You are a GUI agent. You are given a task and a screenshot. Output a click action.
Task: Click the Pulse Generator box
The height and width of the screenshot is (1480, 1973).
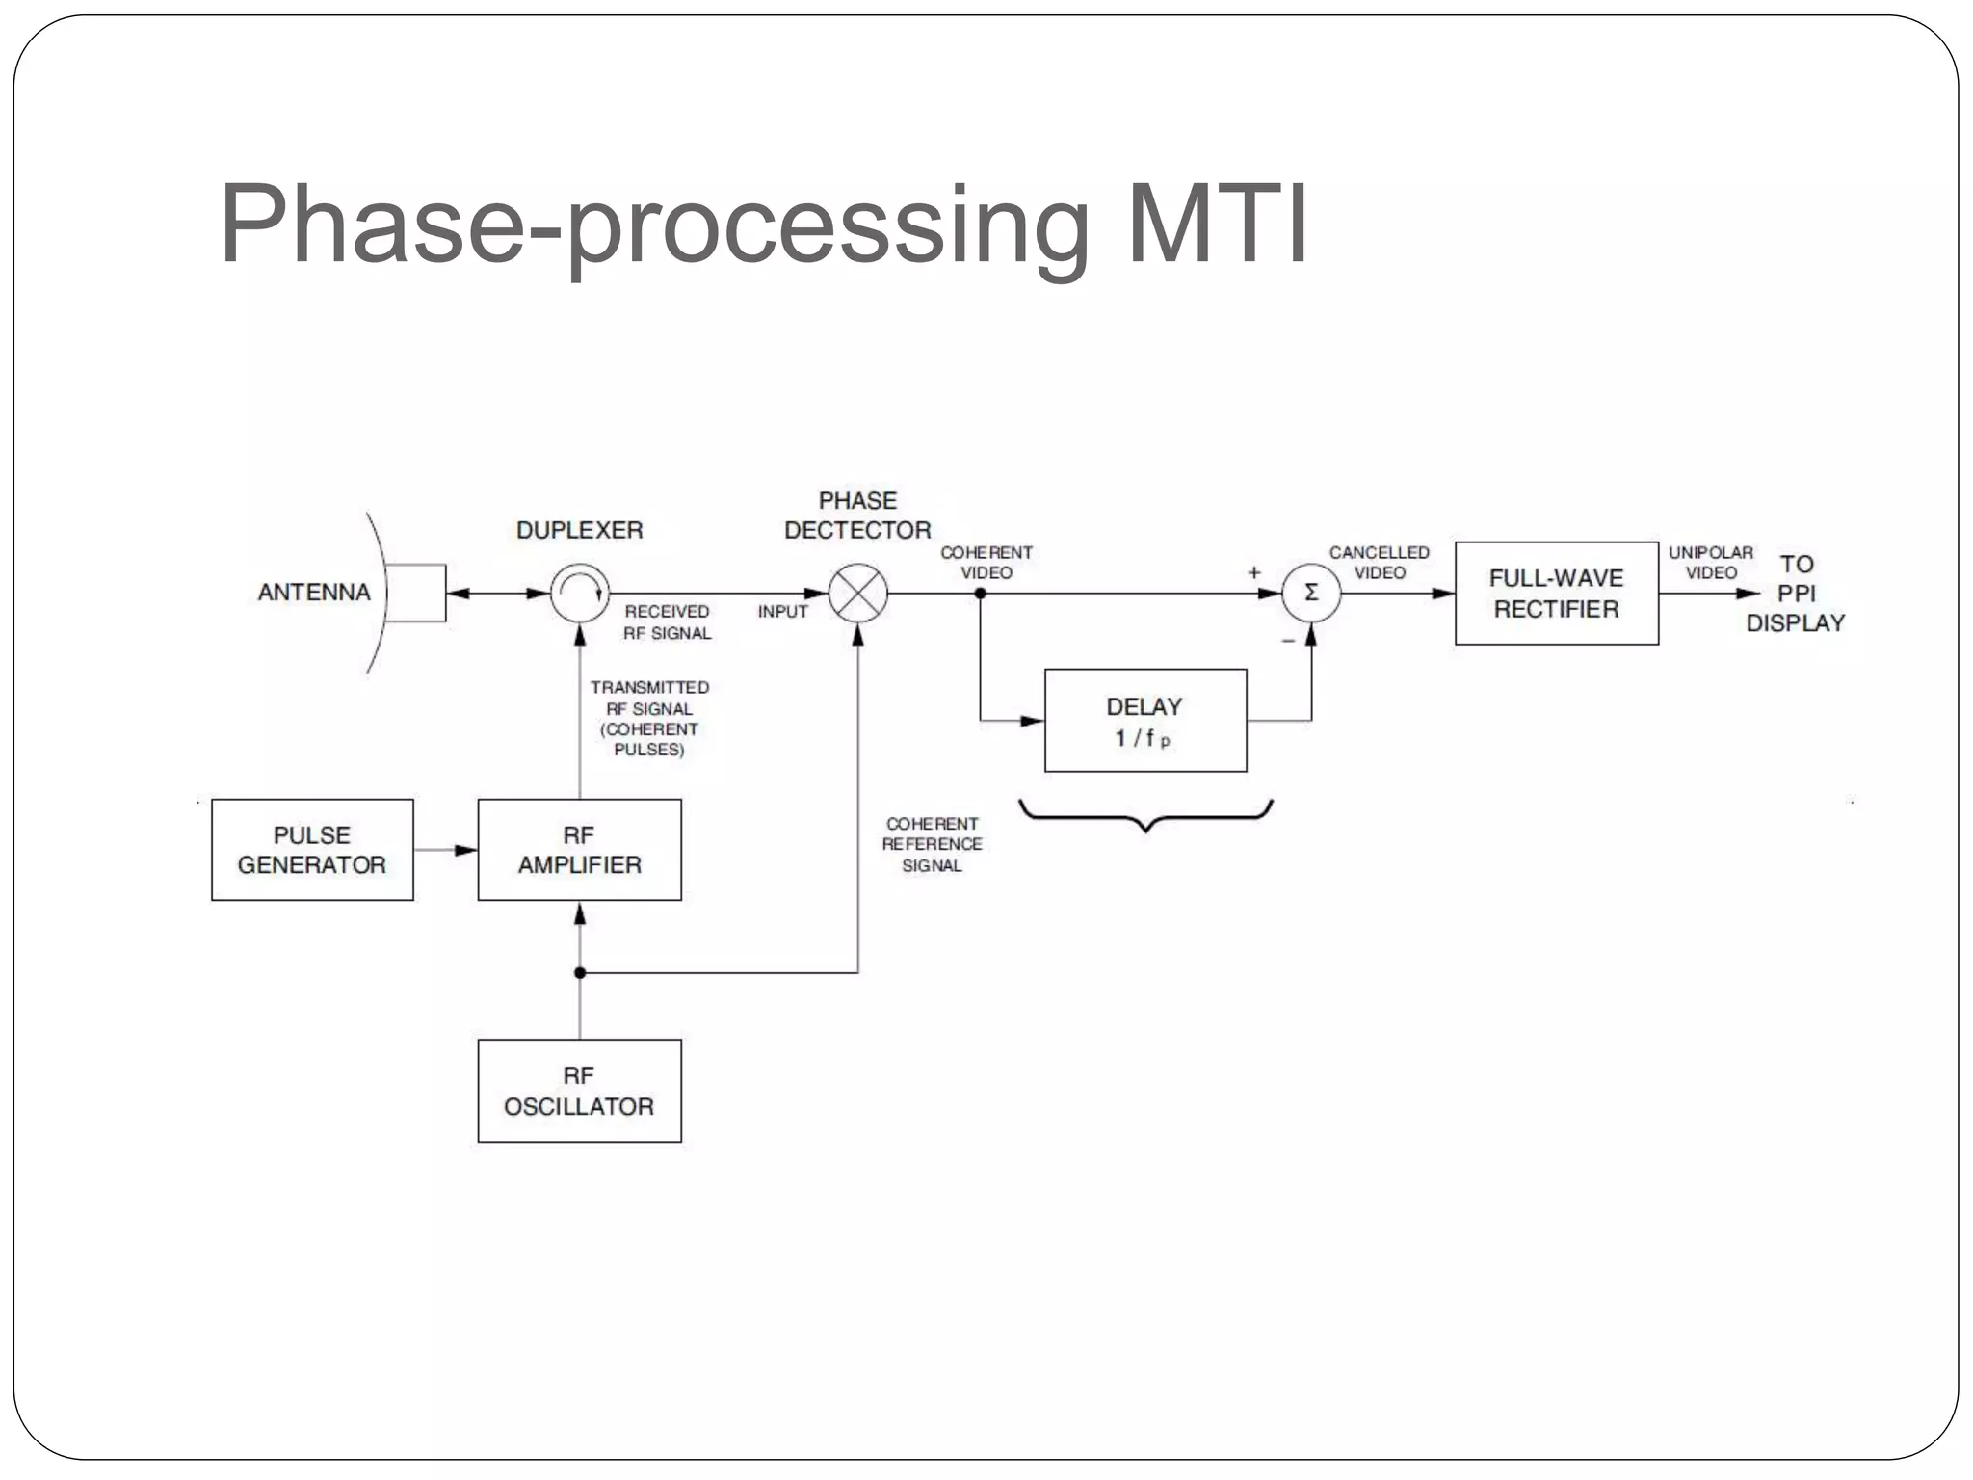click(312, 850)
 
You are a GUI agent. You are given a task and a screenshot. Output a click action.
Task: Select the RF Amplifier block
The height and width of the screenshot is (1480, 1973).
click(579, 850)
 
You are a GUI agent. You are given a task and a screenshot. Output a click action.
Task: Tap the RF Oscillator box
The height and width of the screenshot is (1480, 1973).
click(579, 1091)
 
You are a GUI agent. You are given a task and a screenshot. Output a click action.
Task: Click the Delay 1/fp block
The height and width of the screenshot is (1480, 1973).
click(1145, 721)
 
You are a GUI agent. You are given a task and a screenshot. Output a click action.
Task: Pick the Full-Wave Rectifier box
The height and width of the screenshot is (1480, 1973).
click(1556, 594)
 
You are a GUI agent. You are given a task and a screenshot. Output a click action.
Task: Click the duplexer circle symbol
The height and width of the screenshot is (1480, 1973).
click(580, 593)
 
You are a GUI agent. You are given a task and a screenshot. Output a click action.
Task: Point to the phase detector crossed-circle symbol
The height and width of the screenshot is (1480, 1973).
click(858, 594)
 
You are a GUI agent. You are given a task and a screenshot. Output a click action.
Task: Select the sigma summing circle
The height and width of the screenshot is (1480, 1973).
click(1311, 594)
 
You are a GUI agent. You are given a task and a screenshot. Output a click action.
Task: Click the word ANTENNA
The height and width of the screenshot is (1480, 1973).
click(314, 592)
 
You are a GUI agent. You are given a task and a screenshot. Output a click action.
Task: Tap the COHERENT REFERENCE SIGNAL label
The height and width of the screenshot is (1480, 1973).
click(932, 844)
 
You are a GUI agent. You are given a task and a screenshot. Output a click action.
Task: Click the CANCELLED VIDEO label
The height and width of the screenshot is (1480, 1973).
click(1380, 563)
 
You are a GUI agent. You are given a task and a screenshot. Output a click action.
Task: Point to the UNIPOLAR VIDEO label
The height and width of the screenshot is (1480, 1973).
click(1711, 563)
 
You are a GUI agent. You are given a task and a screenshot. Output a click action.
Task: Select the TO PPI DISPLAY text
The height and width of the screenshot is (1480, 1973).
click(1796, 594)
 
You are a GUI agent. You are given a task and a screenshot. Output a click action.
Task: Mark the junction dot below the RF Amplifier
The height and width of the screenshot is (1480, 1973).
click(580, 973)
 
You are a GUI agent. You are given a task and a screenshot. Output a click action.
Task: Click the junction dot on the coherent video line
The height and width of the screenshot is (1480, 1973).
click(981, 594)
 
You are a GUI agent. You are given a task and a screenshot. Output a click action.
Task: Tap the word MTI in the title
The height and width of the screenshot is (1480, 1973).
click(1217, 225)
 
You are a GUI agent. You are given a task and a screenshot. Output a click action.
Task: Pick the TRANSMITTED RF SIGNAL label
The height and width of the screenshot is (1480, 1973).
click(649, 718)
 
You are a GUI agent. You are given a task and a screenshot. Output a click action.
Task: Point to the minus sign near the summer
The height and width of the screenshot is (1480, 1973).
click(1288, 641)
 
